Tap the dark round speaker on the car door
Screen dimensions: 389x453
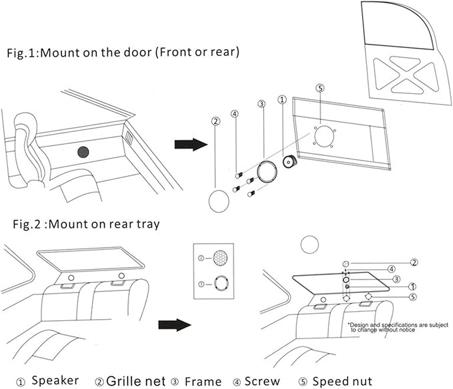coord(83,151)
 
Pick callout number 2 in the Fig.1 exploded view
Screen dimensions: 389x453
coord(215,121)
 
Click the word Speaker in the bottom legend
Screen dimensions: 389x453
coord(55,381)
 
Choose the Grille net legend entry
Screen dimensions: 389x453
coord(131,381)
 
